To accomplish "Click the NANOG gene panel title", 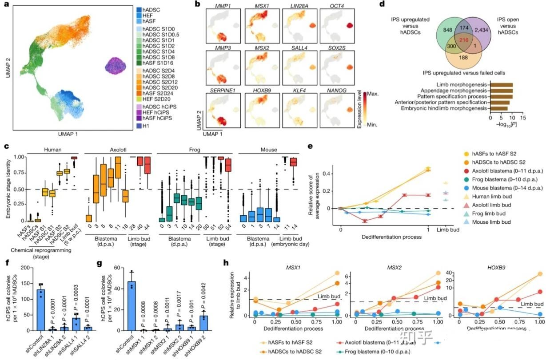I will [335, 89].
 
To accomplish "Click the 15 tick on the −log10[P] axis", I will [523, 119].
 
